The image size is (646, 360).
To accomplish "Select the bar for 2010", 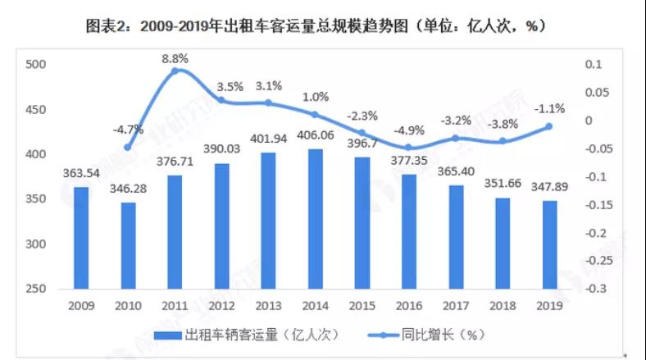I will tap(128, 245).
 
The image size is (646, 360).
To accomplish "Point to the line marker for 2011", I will tap(175, 71).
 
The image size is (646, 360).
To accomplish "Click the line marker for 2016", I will tap(409, 148).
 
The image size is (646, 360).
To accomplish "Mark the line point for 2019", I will tap(549, 126).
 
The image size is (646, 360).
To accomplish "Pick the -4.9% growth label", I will tap(409, 130).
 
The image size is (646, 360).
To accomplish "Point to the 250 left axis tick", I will tap(37, 289).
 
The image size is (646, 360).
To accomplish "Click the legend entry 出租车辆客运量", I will tap(251, 335).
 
